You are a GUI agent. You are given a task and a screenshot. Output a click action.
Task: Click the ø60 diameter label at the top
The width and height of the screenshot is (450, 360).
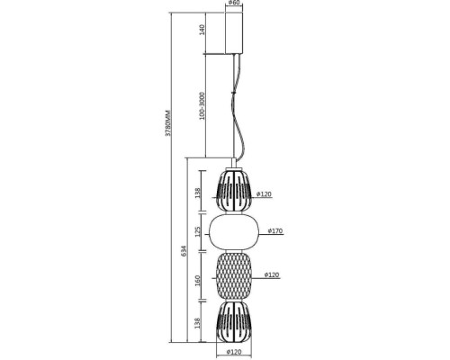[x=234, y=3]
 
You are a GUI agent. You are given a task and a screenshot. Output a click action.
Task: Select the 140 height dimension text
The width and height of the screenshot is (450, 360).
[x=202, y=31]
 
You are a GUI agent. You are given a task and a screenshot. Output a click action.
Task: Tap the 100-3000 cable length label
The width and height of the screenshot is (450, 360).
[x=202, y=105]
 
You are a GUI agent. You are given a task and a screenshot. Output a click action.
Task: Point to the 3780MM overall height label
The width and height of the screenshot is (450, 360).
[x=168, y=123]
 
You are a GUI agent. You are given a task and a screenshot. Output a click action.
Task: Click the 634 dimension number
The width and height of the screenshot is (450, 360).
[x=184, y=251]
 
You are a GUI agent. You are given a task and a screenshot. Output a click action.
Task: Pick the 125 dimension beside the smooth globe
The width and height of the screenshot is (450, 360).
[x=197, y=232]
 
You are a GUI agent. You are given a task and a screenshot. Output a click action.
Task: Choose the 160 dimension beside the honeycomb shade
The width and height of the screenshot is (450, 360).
[x=197, y=280]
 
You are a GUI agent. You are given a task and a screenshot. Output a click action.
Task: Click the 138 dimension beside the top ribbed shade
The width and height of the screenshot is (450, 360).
[x=197, y=193]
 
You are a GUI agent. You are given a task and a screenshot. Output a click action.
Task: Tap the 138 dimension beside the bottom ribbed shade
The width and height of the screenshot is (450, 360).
[x=197, y=323]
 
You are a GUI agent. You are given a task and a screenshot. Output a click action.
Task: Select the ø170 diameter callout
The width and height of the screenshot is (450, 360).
[x=275, y=230]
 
